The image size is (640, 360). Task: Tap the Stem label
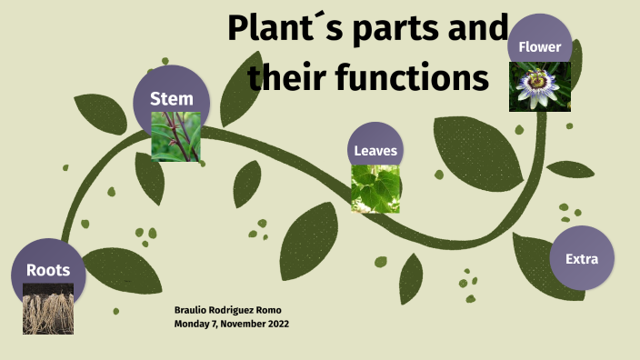pyautogui.click(x=172, y=98)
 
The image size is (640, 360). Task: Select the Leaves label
pyautogui.click(x=375, y=151)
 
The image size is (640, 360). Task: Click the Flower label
pyautogui.click(x=539, y=46)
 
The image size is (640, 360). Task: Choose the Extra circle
pyautogui.click(x=582, y=258)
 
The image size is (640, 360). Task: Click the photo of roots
pyautogui.click(x=48, y=308)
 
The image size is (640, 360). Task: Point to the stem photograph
pyautogui.click(x=175, y=136)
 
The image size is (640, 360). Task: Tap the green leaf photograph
pyautogui.click(x=375, y=188)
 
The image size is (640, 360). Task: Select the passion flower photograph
pyautogui.click(x=539, y=86)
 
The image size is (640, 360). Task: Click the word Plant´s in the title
pyautogui.click(x=280, y=29)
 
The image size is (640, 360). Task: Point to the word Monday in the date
pyautogui.click(x=191, y=324)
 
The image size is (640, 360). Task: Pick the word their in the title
pyautogui.click(x=282, y=78)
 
